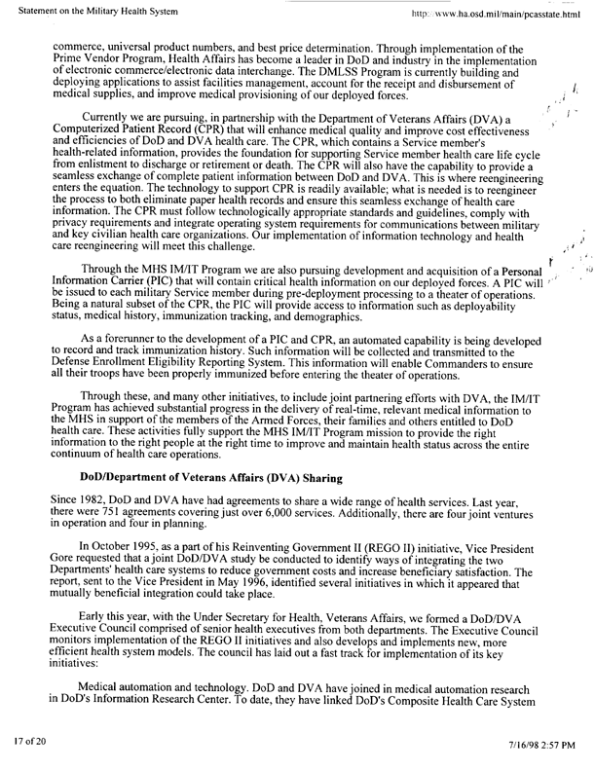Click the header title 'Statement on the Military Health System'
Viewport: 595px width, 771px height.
[x=82, y=13]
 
